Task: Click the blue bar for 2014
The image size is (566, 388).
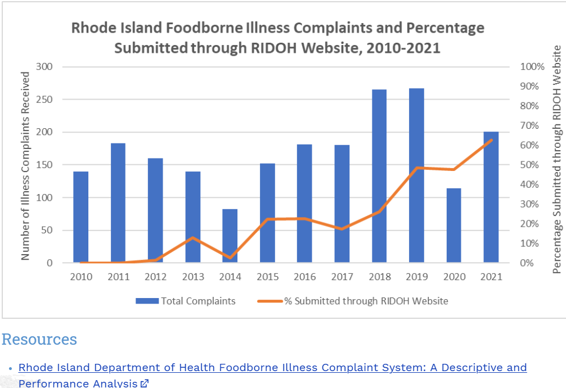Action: [x=230, y=236]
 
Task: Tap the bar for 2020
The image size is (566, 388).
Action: [x=453, y=225]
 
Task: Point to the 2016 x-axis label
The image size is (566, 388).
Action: [x=304, y=277]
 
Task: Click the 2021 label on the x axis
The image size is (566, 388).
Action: [x=491, y=277]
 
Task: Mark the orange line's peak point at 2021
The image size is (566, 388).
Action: [x=491, y=140]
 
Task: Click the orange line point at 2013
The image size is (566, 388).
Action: [x=192, y=238]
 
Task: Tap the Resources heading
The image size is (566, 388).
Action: [x=39, y=340]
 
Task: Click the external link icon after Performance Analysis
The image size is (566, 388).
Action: [x=145, y=384]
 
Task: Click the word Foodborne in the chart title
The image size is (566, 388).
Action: [x=209, y=28]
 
